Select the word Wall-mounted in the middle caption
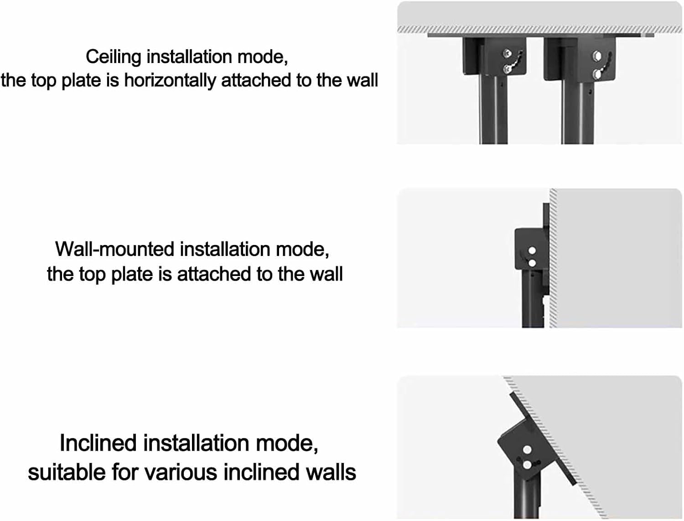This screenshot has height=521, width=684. point(115,250)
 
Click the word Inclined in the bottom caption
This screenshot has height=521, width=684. point(98,443)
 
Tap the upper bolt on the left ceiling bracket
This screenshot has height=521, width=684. point(507,54)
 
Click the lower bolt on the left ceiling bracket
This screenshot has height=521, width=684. point(507,68)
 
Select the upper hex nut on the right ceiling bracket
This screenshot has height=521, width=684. point(596,56)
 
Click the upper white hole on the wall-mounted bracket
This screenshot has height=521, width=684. point(531,251)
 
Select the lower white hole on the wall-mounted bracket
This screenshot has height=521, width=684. point(531,263)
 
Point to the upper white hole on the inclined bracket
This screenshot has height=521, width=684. point(527,450)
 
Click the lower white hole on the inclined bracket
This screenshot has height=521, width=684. point(528,465)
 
